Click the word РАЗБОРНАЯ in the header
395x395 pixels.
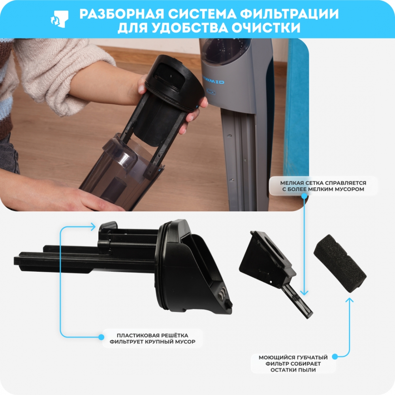[x=121, y=14]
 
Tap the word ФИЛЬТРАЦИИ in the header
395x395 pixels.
[x=289, y=14]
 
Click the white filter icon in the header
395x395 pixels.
[x=60, y=19]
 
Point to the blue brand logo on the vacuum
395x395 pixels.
[x=214, y=82]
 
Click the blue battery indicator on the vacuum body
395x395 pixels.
[x=211, y=92]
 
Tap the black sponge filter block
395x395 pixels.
[x=340, y=263]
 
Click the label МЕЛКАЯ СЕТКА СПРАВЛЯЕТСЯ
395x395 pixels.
[x=323, y=183]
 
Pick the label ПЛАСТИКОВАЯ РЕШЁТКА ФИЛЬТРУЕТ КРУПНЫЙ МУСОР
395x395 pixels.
[x=152, y=339]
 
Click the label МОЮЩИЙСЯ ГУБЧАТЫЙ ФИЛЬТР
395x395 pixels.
[x=293, y=361]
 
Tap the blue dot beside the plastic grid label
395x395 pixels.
[x=101, y=337]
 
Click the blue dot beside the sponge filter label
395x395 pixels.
[x=335, y=356]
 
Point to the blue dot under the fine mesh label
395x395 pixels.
[x=304, y=196]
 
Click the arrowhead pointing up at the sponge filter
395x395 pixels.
[x=349, y=300]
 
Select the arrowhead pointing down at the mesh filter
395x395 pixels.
[x=304, y=293]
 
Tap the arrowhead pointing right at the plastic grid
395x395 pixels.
[x=93, y=226]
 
